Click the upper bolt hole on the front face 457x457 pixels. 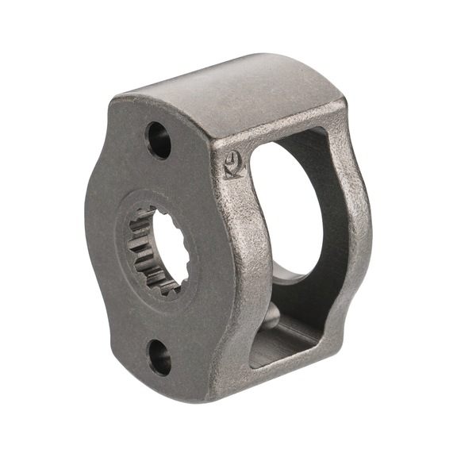[x=158, y=140]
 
